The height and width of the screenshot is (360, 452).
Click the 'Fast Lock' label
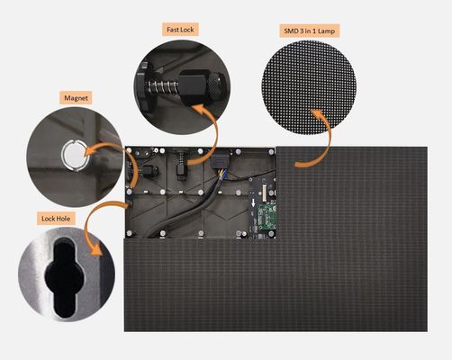(x=180, y=29)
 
